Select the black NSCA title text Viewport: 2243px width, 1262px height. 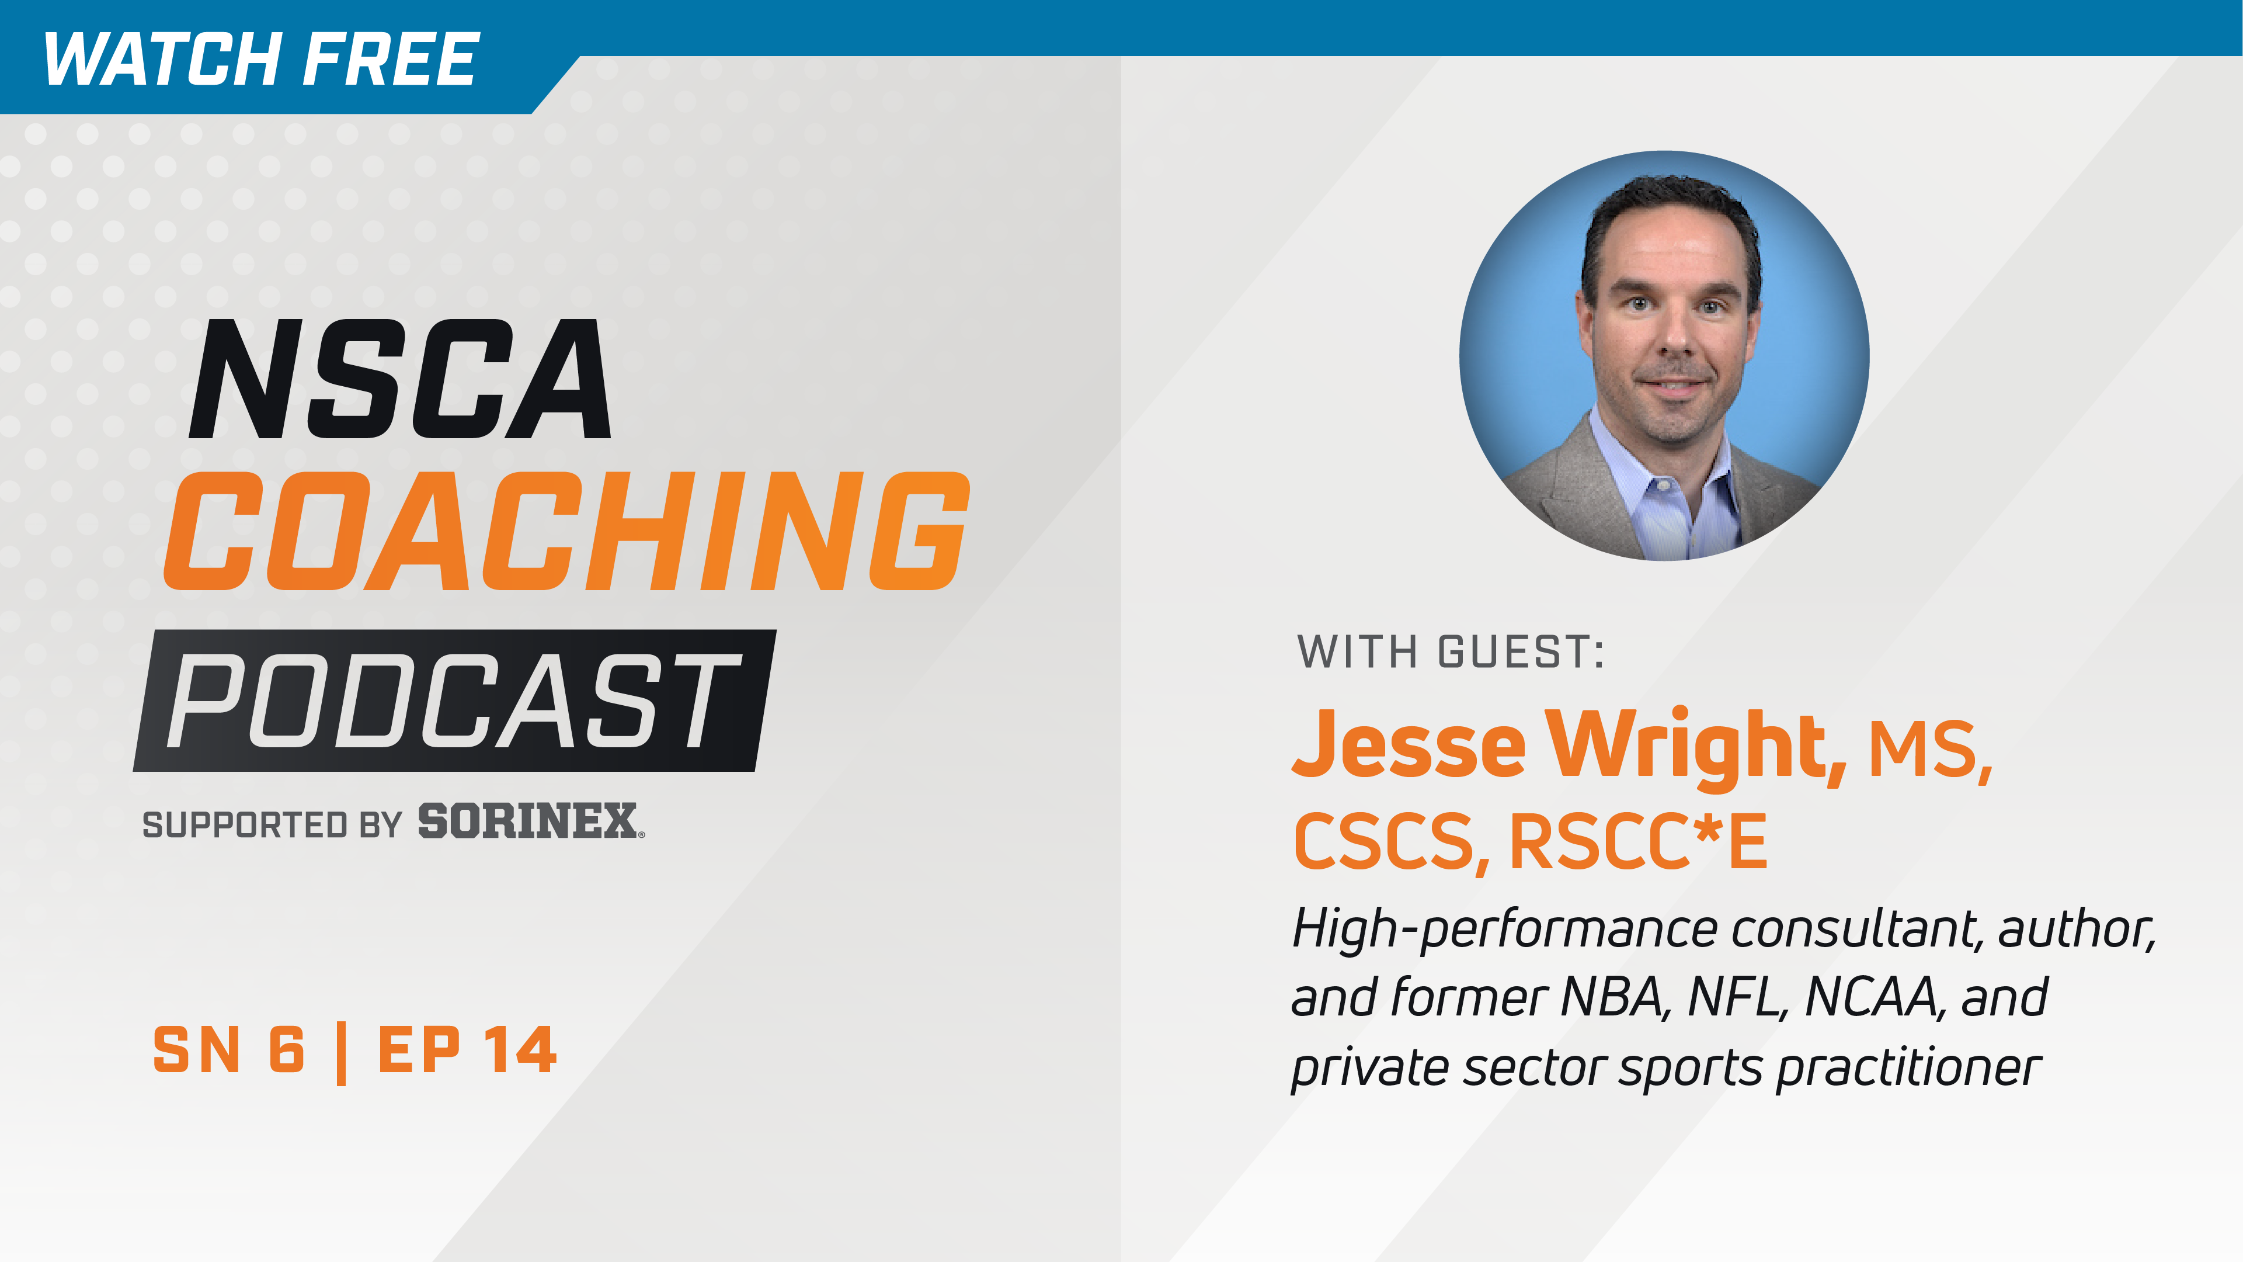coord(401,380)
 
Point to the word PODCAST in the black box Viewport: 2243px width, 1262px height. coord(453,701)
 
